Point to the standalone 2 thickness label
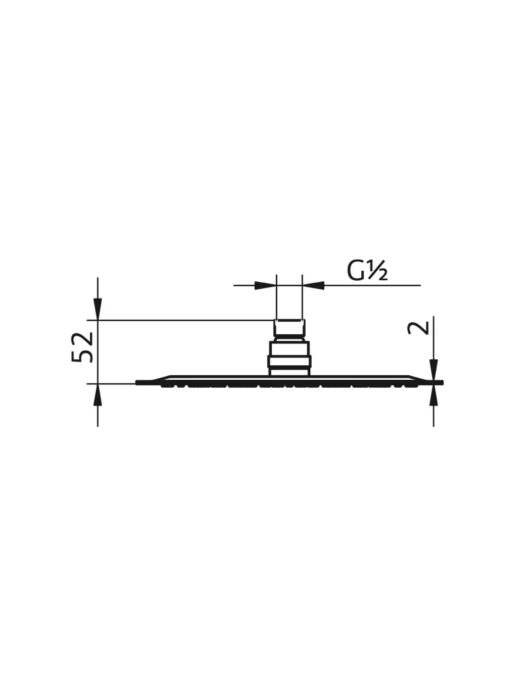[x=418, y=328]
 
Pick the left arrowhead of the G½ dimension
[x=265, y=285]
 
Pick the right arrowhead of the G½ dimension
[x=314, y=285]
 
